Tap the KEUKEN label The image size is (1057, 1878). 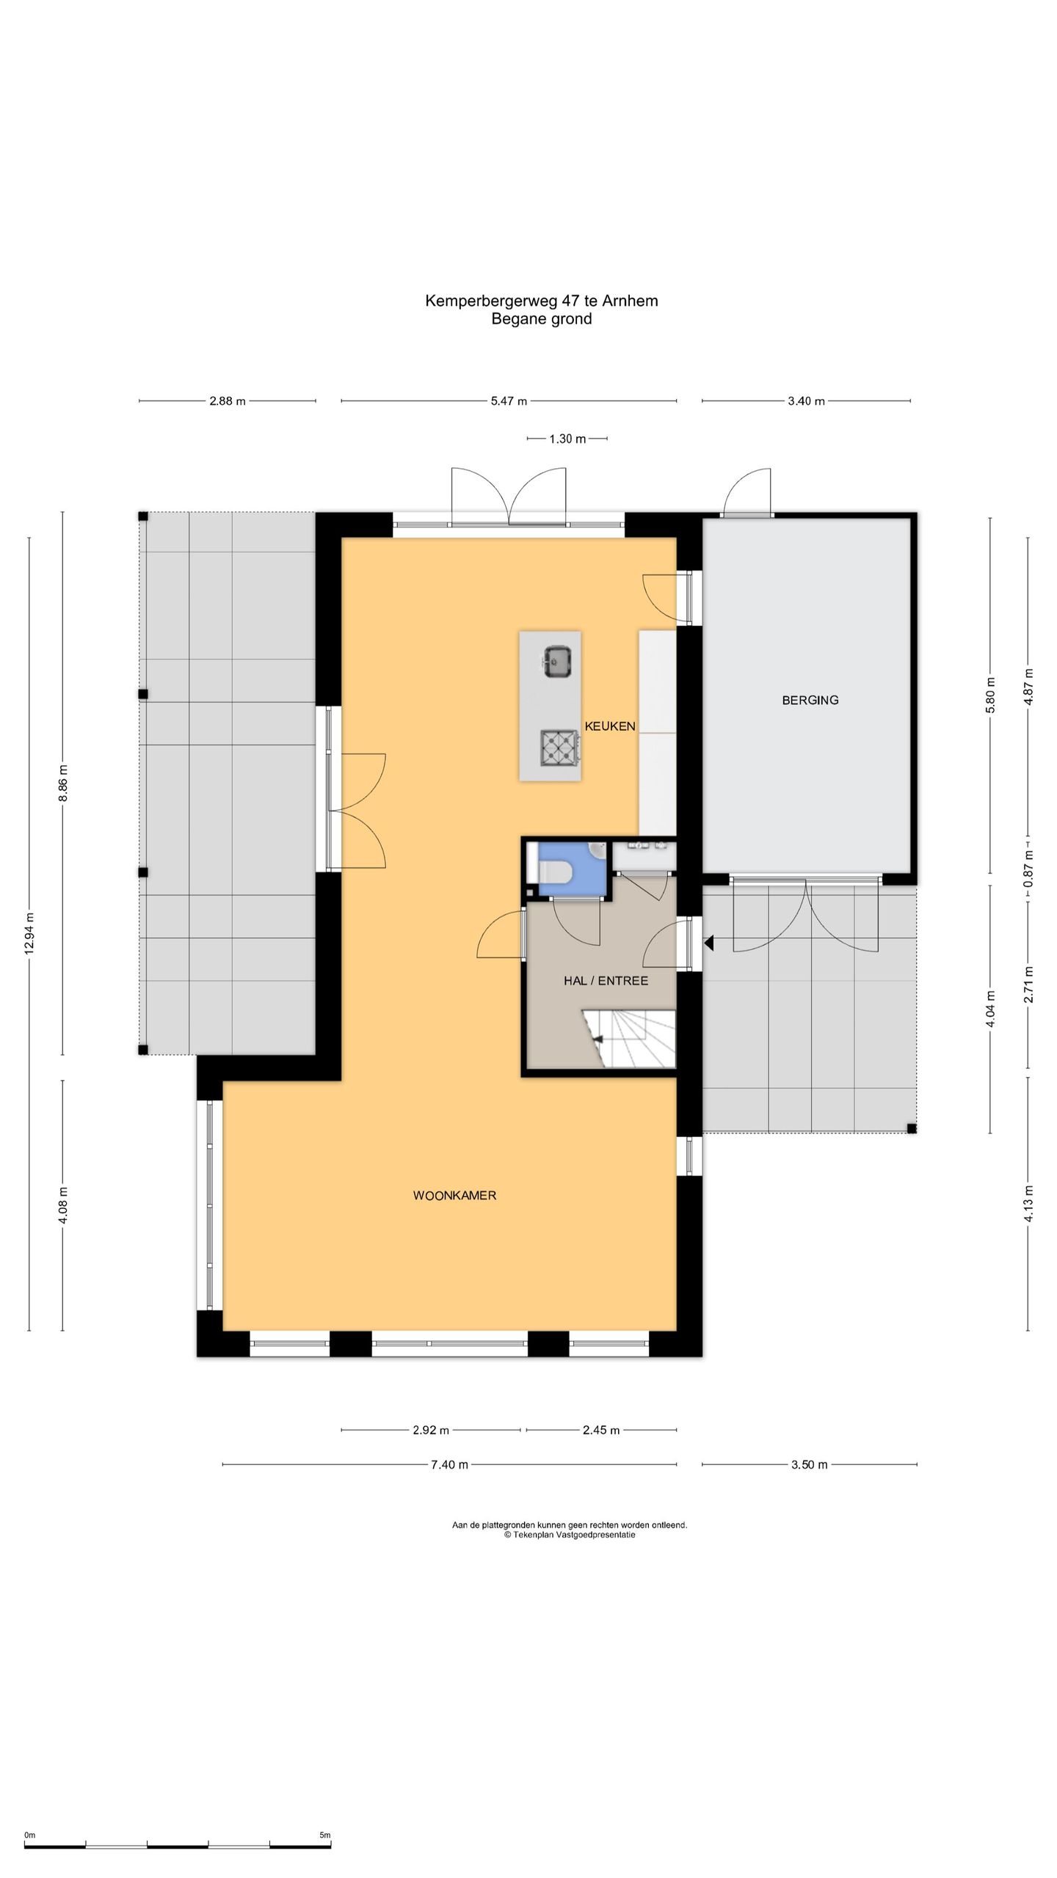click(x=610, y=726)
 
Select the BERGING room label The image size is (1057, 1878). click(x=810, y=701)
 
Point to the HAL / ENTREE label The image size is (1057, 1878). click(x=606, y=981)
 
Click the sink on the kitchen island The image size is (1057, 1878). click(x=559, y=661)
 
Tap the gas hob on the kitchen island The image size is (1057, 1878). click(x=560, y=748)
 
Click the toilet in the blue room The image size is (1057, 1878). click(x=562, y=872)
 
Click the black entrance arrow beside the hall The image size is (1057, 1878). click(x=708, y=943)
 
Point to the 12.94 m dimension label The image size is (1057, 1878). click(x=29, y=933)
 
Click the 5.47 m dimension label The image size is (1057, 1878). click(x=509, y=401)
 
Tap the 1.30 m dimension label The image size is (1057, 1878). click(x=567, y=439)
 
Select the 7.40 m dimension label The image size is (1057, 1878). click(x=449, y=1465)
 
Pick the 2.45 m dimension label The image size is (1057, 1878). click(x=601, y=1430)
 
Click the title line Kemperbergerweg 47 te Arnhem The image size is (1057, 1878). click(x=542, y=301)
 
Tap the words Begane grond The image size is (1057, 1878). click(x=542, y=319)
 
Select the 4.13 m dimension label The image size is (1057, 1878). click(x=1028, y=1204)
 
